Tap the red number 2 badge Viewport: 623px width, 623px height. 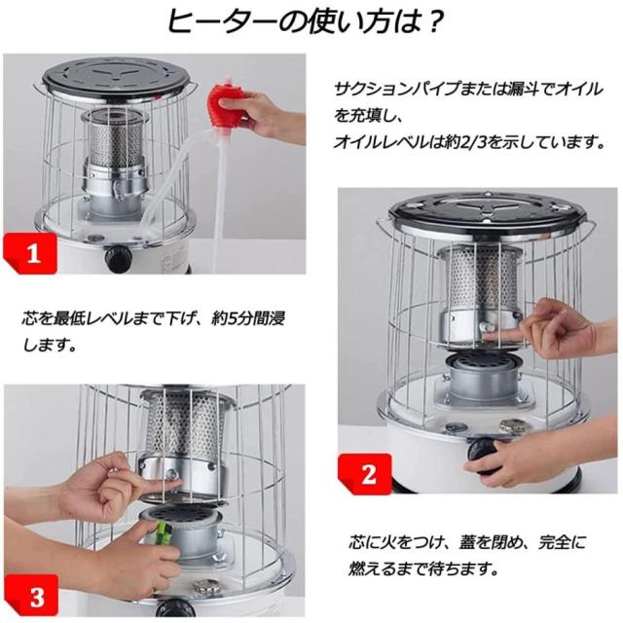[366, 473]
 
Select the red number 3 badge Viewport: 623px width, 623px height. [32, 596]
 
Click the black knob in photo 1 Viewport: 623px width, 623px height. [118, 257]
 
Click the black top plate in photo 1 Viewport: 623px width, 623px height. [119, 77]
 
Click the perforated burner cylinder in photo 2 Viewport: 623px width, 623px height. [482, 276]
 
